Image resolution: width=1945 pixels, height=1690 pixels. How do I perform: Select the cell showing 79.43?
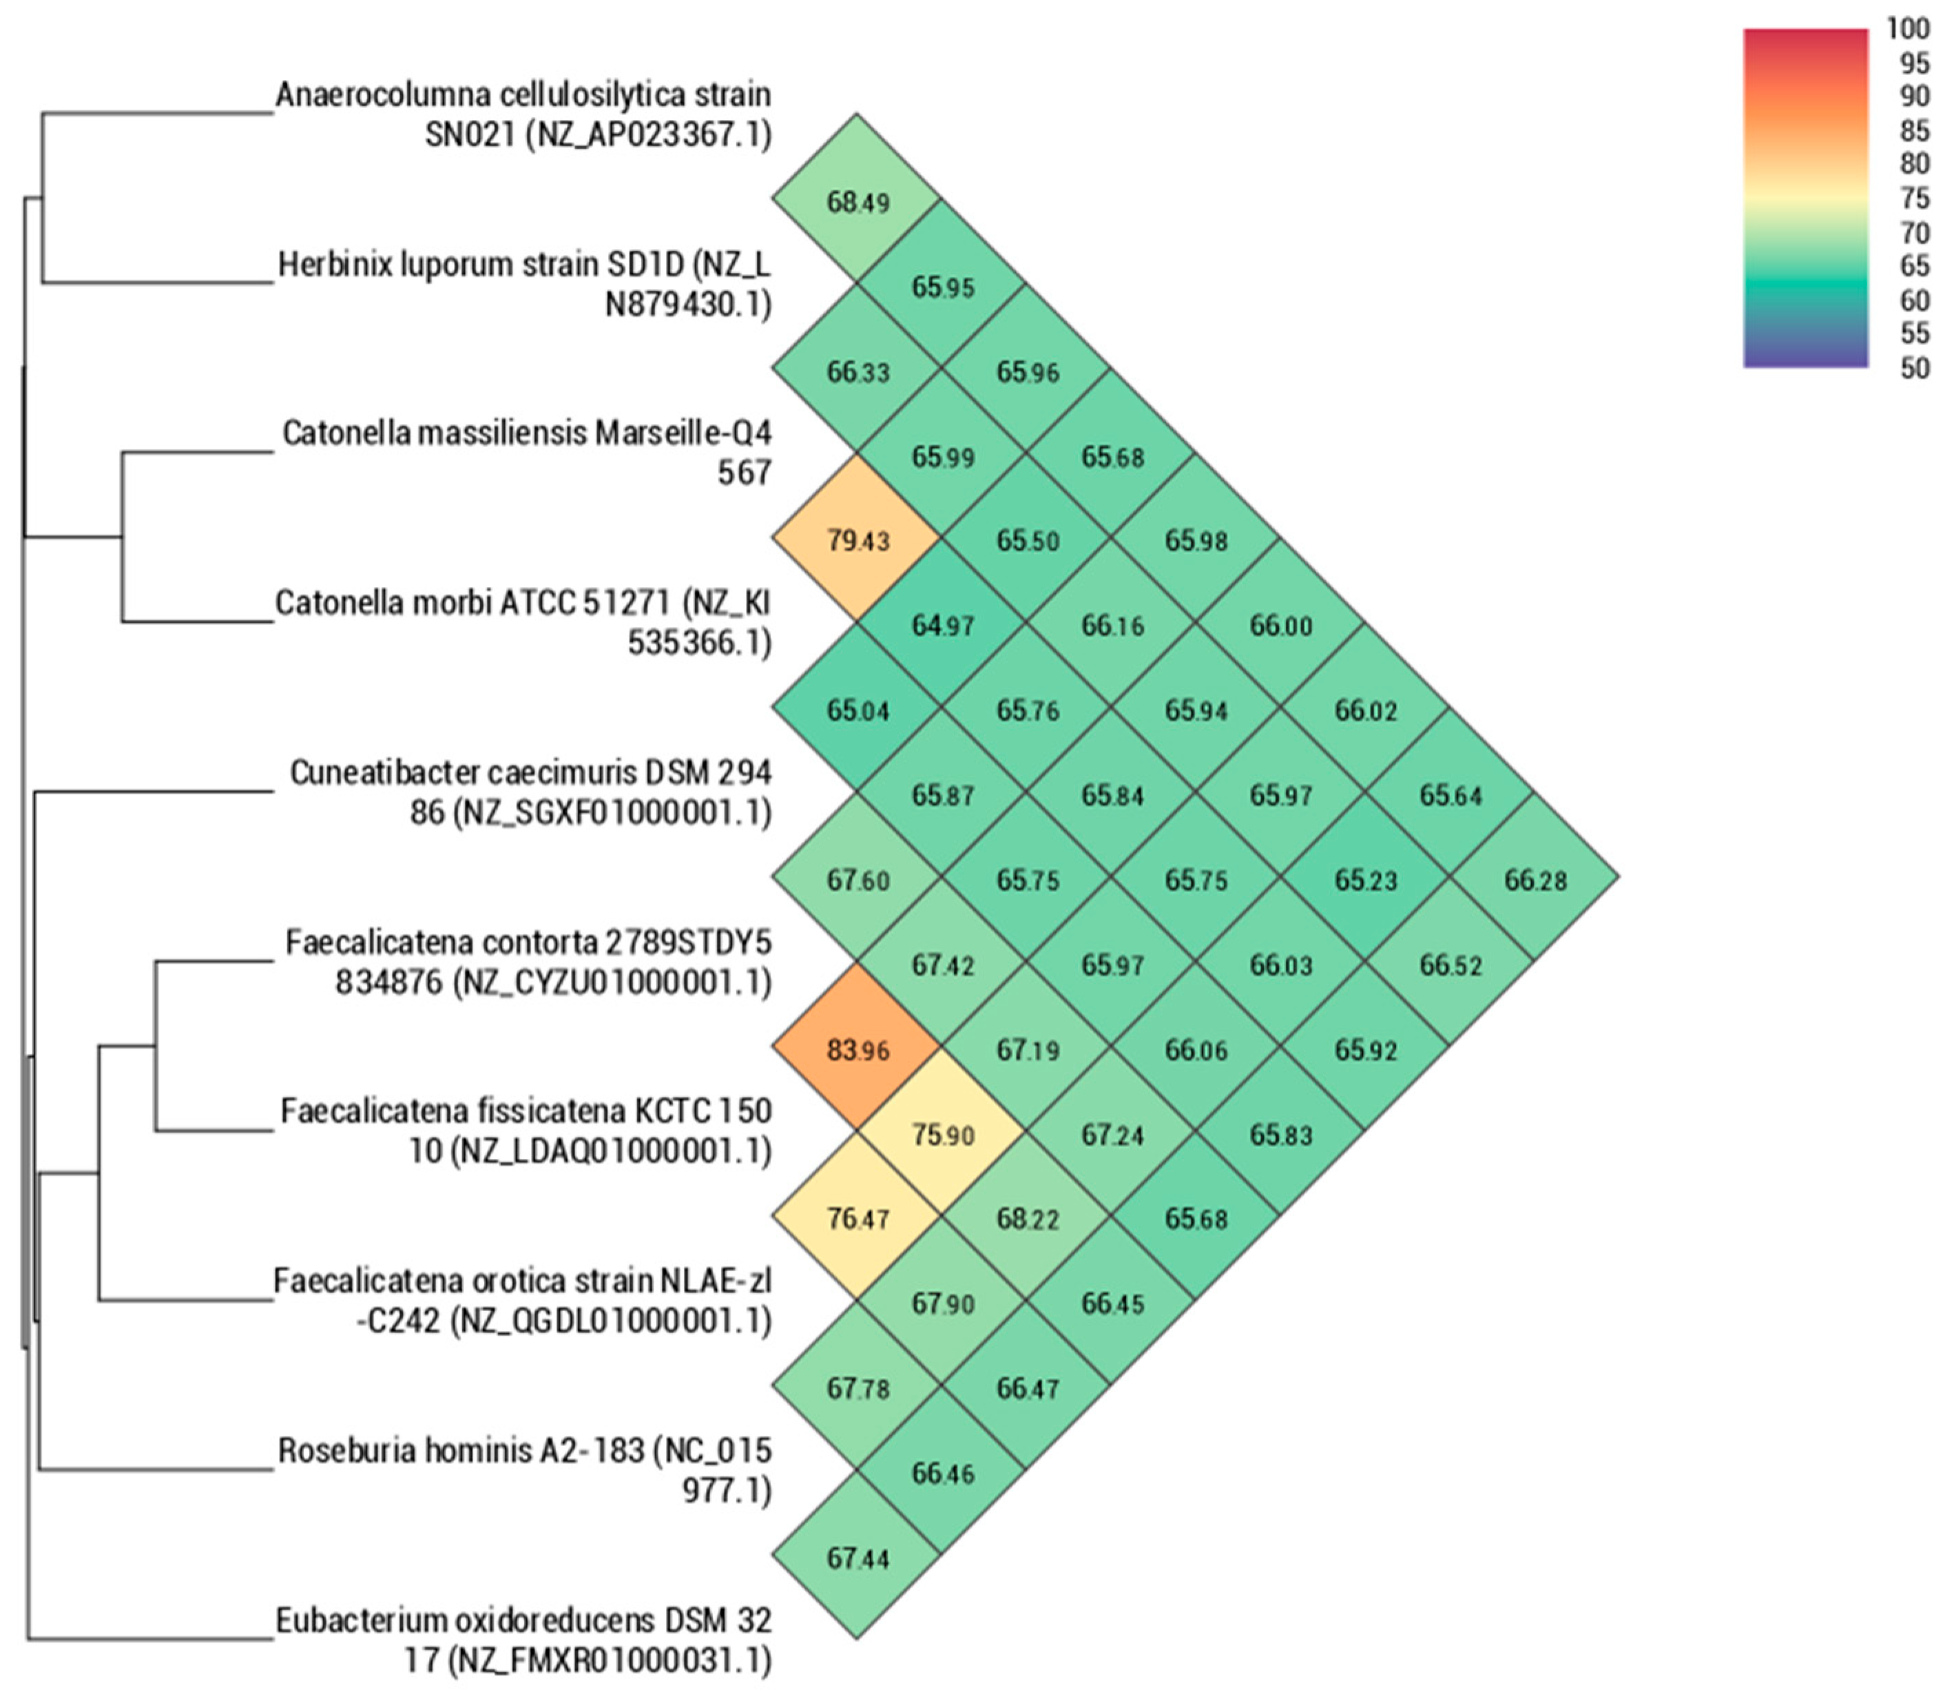pyautogui.click(x=857, y=540)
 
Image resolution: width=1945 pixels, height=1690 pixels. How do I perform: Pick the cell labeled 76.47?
pyautogui.click(x=857, y=1219)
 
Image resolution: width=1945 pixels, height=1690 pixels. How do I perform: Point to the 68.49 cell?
pyautogui.click(x=857, y=201)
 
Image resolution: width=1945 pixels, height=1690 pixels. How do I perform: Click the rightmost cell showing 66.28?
pyautogui.click(x=1535, y=879)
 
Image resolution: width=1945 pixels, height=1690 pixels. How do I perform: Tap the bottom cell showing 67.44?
pyautogui.click(x=857, y=1558)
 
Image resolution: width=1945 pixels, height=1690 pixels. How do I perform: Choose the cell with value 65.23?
pyautogui.click(x=1365, y=879)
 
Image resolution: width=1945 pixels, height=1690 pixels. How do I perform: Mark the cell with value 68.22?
pyautogui.click(x=1027, y=1219)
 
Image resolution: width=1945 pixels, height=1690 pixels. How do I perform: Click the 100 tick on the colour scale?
pyautogui.click(x=1907, y=29)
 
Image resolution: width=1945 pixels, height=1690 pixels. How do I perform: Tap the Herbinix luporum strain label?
pyautogui.click(x=524, y=284)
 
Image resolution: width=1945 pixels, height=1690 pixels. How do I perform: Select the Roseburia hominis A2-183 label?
pyautogui.click(x=524, y=1470)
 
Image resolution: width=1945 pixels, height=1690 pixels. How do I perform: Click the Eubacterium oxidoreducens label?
pyautogui.click(x=524, y=1640)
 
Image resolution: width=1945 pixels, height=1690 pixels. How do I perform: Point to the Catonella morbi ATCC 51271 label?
pyautogui.click(x=523, y=622)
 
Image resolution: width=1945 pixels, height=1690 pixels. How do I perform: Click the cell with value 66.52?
pyautogui.click(x=1450, y=964)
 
